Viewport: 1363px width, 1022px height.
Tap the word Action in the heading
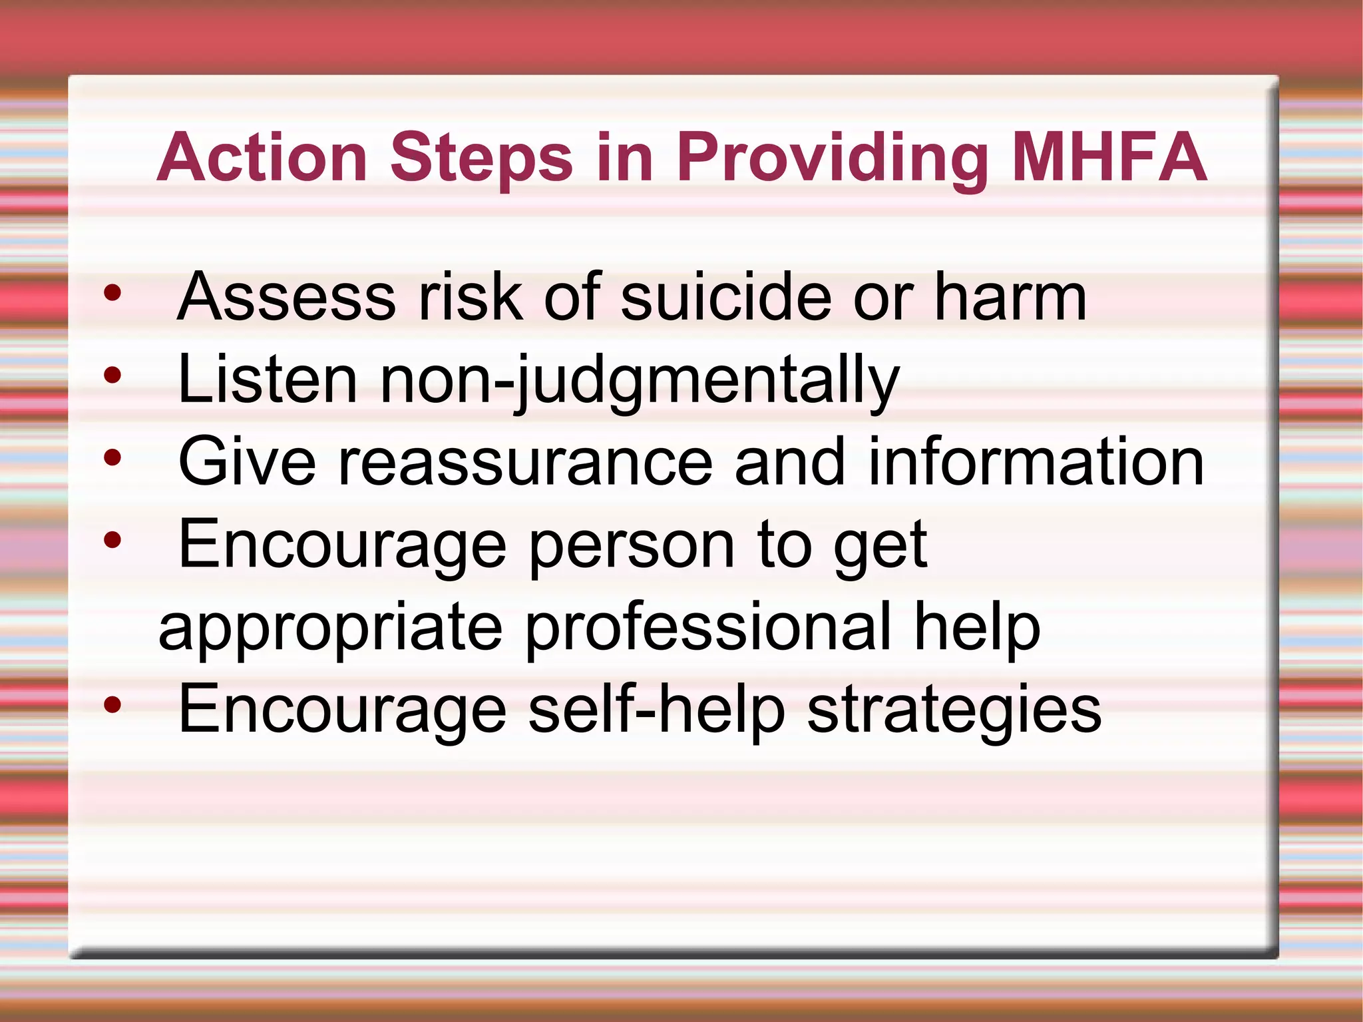click(x=262, y=157)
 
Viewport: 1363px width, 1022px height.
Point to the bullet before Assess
click(x=112, y=293)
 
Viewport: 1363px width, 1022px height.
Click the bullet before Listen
click(x=112, y=376)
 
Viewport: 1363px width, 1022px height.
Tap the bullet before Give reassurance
click(x=112, y=458)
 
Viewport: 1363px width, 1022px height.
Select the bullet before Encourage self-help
click(x=112, y=705)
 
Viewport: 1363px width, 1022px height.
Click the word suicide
click(x=725, y=296)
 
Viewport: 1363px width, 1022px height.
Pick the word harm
click(x=1010, y=296)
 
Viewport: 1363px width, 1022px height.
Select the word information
click(x=1036, y=461)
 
